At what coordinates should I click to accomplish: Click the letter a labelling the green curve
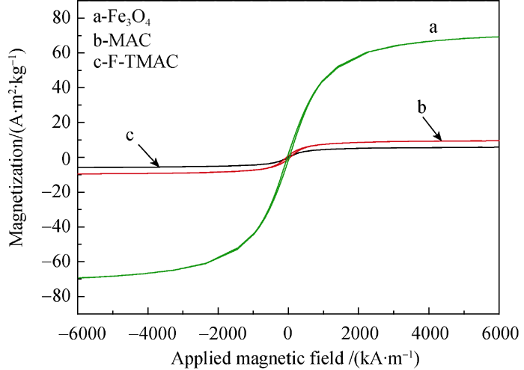[433, 28]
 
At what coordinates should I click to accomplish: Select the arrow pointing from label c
[147, 155]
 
